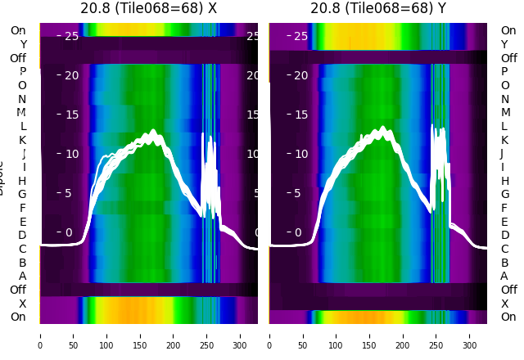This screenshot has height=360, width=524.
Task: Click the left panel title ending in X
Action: click(x=148, y=8)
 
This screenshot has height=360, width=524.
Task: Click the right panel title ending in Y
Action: click(x=378, y=8)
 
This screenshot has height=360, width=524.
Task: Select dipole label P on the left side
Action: click(x=22, y=72)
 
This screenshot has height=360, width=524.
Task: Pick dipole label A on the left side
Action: click(x=22, y=276)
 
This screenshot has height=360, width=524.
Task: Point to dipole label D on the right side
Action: click(x=504, y=236)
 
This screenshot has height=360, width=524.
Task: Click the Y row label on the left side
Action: click(x=23, y=44)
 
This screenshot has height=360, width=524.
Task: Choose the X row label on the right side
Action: click(x=504, y=304)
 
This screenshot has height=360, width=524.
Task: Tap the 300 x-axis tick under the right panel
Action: click(x=470, y=335)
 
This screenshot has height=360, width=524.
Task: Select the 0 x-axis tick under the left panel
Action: click(x=40, y=335)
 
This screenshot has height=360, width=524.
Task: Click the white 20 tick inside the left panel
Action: click(x=71, y=75)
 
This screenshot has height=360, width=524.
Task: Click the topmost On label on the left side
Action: click(x=17, y=30)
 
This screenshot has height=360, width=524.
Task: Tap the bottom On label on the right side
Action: click(x=508, y=317)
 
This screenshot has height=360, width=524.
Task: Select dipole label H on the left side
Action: click(x=22, y=181)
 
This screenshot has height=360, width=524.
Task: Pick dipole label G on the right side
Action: click(x=504, y=195)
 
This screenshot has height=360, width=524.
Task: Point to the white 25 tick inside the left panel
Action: click(x=71, y=36)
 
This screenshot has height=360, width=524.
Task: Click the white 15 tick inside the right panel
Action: click(x=300, y=115)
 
